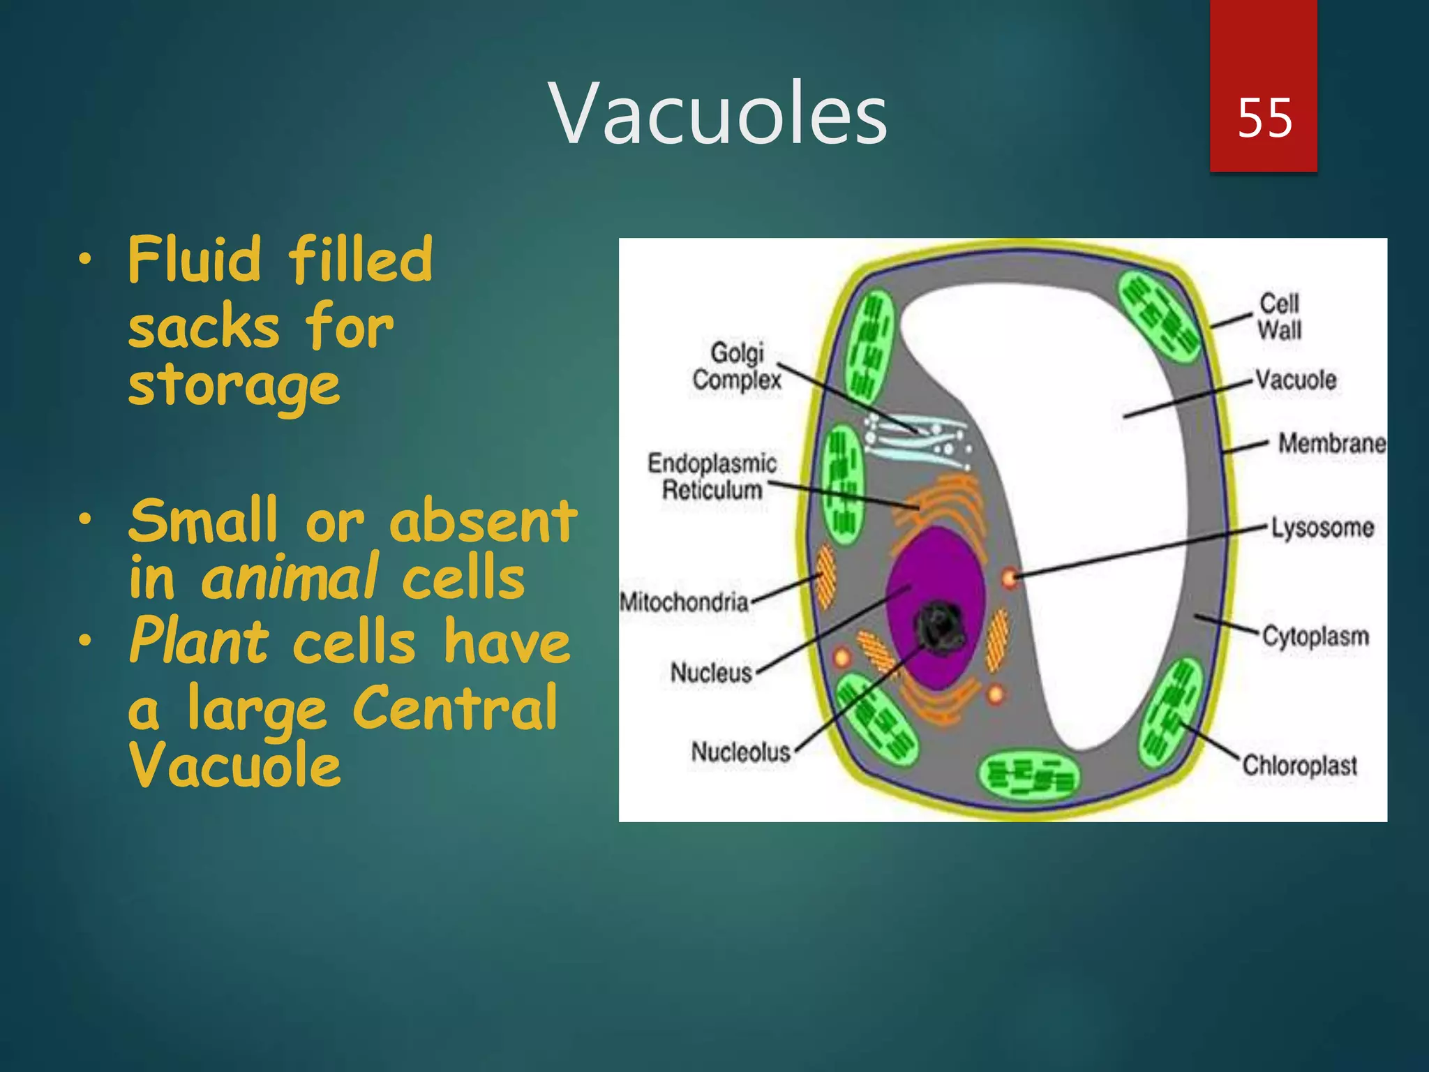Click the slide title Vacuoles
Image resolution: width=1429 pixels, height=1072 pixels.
coord(718,114)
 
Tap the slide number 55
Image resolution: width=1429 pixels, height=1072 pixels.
coord(1264,117)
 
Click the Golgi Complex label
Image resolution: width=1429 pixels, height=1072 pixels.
coord(737,366)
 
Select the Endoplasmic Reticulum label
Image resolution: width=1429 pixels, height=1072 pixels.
coord(712,476)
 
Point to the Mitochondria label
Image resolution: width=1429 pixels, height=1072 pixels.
coord(684,602)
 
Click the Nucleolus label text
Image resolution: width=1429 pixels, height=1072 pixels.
coord(740,752)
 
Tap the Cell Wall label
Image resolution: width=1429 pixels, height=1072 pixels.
coord(1279,316)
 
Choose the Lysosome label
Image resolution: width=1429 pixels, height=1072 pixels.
coord(1322,528)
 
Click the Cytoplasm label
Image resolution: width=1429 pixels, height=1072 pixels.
coord(1315,636)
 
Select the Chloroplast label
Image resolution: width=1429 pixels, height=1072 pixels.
coord(1300,766)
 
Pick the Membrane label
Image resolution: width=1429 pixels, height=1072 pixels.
coord(1331,443)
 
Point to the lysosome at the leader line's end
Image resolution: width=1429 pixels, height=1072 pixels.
coord(1009,578)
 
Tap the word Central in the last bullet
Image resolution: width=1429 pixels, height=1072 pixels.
coord(455,708)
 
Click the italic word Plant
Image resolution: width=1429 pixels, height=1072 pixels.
coord(199,641)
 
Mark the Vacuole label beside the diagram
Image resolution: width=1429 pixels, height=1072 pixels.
coord(1296,380)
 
